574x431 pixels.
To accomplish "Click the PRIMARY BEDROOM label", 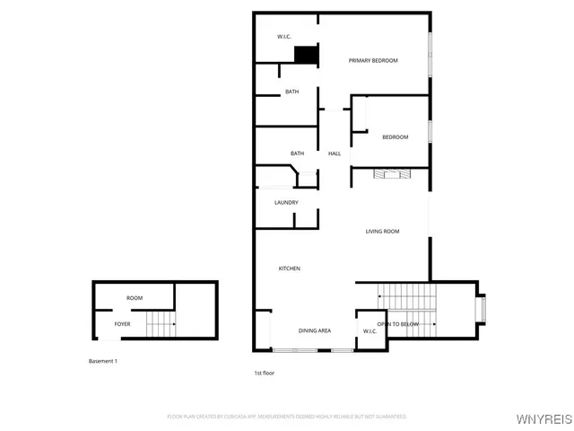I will click(373, 61).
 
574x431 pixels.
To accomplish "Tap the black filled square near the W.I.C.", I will click(307, 56).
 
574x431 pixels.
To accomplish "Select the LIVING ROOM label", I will click(382, 232).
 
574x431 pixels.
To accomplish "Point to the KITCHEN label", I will click(289, 269).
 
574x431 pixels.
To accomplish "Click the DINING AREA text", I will click(315, 331).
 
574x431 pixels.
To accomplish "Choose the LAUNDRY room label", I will click(286, 202).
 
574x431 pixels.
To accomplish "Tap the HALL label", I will click(335, 154).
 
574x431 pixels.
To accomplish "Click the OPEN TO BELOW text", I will click(397, 324).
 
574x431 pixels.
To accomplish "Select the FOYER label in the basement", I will click(122, 324).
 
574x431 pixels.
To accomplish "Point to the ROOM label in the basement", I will click(135, 298).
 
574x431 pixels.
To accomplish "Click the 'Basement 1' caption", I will click(102, 361).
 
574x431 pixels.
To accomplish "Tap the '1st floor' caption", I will click(265, 372).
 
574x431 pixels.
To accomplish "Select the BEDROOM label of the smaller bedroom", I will click(396, 137).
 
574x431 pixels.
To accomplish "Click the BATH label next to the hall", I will click(297, 154).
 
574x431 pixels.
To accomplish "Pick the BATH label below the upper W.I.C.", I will click(292, 92).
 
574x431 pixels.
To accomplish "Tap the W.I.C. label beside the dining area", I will click(370, 331).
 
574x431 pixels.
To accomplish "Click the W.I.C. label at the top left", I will click(283, 37).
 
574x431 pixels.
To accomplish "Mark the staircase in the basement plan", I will click(160, 321).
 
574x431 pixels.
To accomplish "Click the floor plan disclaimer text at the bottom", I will click(287, 417).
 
